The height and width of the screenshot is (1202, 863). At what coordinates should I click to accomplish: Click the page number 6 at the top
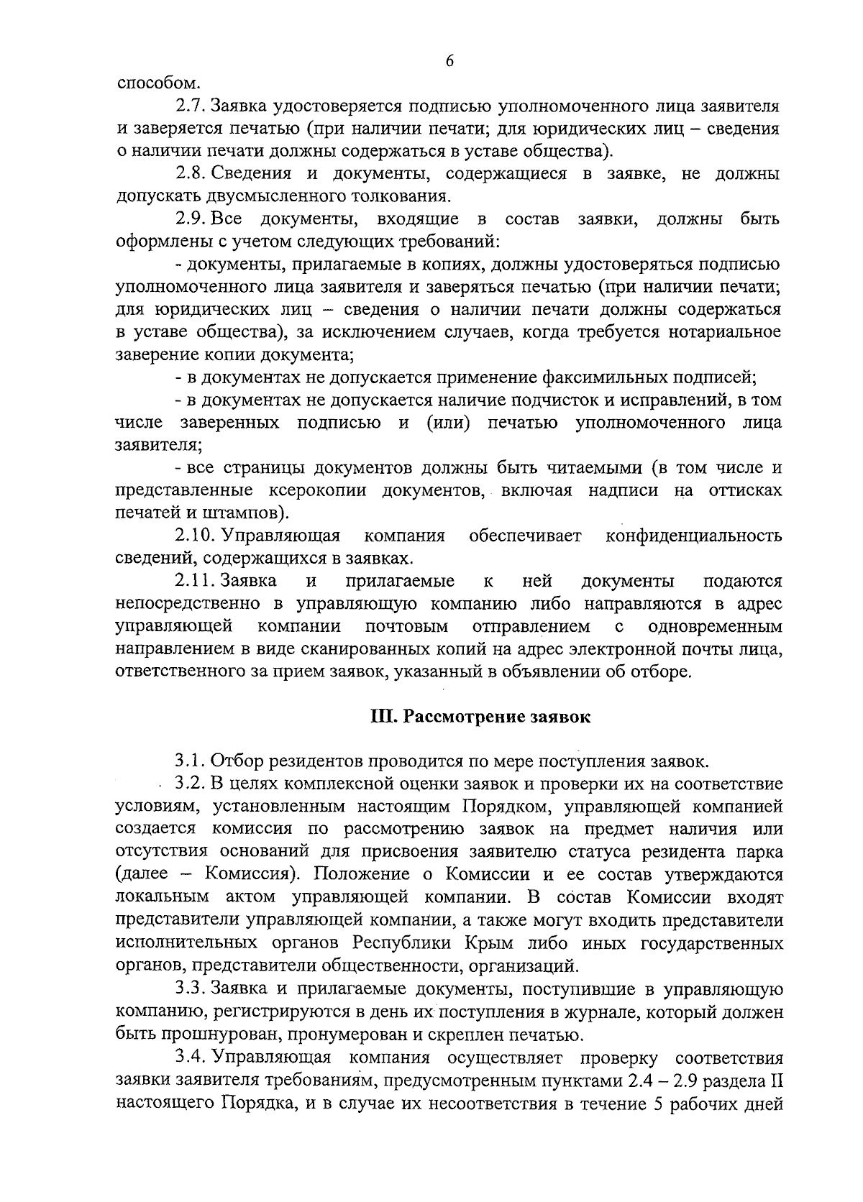[449, 61]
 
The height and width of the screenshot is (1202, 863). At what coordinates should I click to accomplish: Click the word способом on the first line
[153, 84]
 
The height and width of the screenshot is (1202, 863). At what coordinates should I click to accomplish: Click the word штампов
[245, 514]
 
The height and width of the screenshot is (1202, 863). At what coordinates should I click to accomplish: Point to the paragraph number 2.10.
[195, 536]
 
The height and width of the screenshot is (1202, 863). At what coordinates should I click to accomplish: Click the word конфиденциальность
[693, 536]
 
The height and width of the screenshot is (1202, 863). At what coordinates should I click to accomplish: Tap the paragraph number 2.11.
[195, 581]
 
